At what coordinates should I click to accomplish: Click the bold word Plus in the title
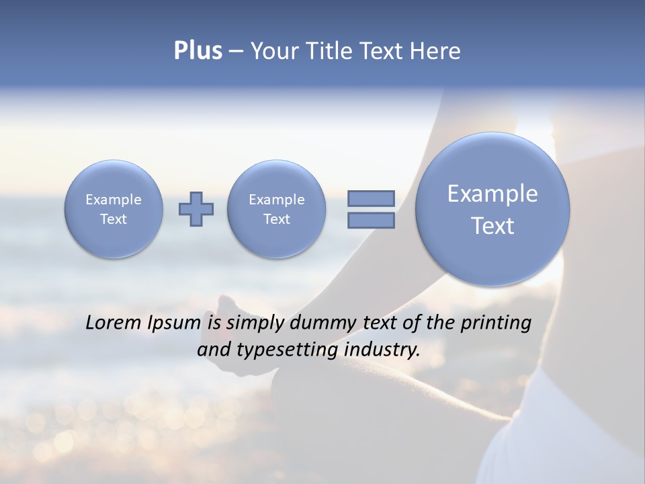pyautogui.click(x=198, y=51)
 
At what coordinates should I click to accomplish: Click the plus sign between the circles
pyautogui.click(x=196, y=209)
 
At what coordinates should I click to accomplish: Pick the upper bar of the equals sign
pyautogui.click(x=371, y=198)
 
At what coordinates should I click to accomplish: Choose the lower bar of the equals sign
pyautogui.click(x=371, y=220)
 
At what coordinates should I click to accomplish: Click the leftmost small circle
pyautogui.click(x=114, y=209)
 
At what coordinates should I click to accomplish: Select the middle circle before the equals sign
pyautogui.click(x=277, y=209)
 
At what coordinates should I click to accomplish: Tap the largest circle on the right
pyautogui.click(x=492, y=209)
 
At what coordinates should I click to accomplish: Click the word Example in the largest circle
pyautogui.click(x=492, y=194)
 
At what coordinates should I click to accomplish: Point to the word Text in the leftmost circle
pyautogui.click(x=114, y=219)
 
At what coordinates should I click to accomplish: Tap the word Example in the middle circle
pyautogui.click(x=277, y=200)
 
